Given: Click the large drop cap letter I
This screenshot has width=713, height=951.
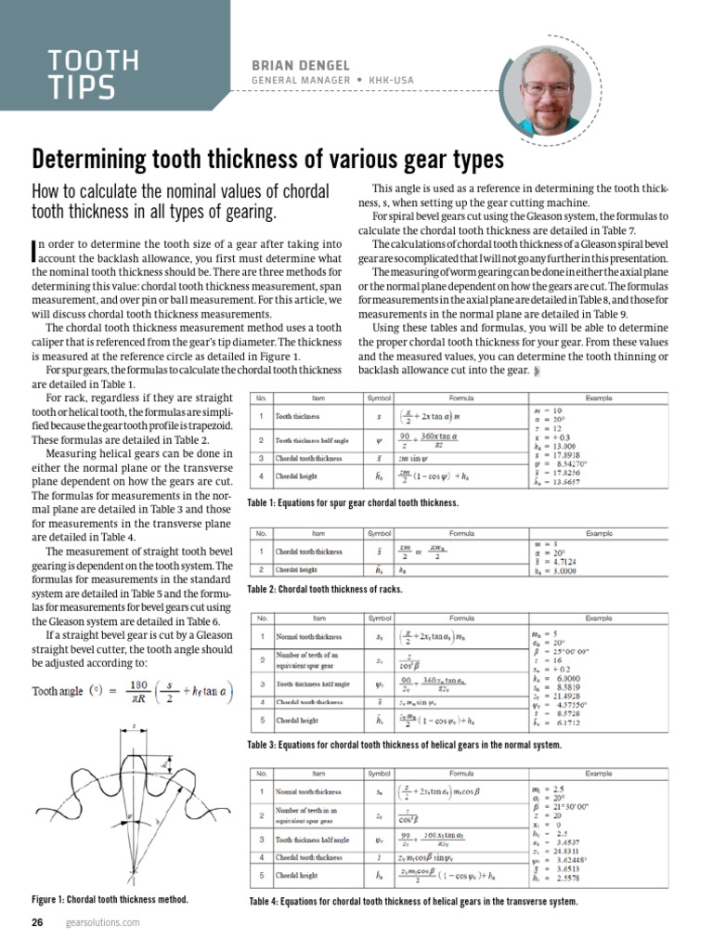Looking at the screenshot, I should (34, 248).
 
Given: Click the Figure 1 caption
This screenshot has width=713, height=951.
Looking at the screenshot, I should (110, 900).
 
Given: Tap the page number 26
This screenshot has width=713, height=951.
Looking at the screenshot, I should (38, 922).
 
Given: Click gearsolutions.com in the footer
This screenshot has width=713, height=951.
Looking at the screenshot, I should (102, 922).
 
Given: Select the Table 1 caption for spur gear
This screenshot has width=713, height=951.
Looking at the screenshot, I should (353, 502).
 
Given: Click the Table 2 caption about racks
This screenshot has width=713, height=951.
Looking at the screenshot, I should (325, 590).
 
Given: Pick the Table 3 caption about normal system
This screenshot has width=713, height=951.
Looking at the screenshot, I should (404, 745).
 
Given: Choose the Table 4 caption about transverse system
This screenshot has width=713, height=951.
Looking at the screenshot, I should (413, 901).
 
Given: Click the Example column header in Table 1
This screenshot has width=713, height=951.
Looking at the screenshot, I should (599, 397).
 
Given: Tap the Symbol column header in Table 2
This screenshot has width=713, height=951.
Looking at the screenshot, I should (380, 533).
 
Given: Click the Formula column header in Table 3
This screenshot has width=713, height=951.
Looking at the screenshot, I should (461, 618).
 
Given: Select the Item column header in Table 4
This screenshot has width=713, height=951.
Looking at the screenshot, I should (318, 773).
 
